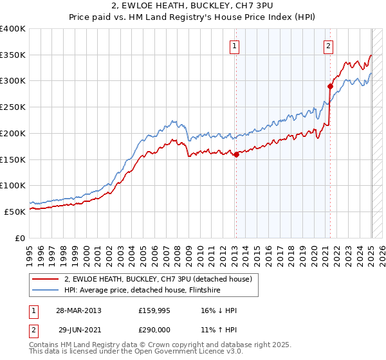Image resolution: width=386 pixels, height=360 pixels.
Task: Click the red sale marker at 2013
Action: click(236, 154)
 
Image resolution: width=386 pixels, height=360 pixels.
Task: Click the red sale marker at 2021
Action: click(330, 86)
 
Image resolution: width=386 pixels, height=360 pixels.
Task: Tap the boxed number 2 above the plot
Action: click(328, 46)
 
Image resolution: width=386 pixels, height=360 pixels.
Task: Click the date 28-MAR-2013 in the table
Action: click(78, 310)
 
